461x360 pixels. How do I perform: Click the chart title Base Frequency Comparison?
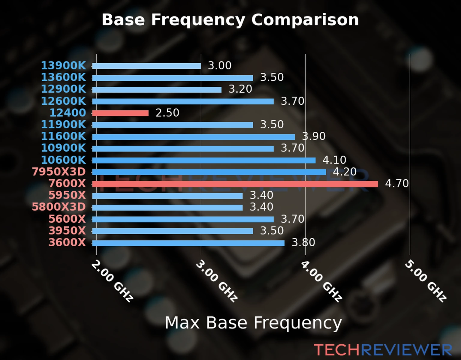[230, 20]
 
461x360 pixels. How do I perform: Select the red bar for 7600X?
[235, 184]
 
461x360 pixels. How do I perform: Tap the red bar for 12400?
[120, 113]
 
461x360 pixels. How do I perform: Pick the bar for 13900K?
[146, 66]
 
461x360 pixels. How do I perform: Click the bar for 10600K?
[204, 160]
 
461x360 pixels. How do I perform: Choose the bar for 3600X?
[188, 243]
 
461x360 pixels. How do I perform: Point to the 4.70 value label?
[397, 183]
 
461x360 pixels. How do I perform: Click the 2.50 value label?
[167, 113]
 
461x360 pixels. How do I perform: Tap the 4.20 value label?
[345, 172]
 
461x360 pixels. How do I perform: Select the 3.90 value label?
[314, 136]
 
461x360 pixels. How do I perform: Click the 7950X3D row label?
[59, 172]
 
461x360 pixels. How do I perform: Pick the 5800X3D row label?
[59, 207]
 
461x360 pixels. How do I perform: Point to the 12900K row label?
[63, 89]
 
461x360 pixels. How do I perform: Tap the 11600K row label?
[63, 136]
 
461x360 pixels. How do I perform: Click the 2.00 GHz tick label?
[112, 281]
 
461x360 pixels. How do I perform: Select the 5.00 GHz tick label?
[425, 281]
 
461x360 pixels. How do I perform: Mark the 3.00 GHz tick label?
[216, 281]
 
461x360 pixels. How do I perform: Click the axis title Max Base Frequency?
[253, 323]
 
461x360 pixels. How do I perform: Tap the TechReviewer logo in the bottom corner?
[383, 350]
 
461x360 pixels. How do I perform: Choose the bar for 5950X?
[167, 196]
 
